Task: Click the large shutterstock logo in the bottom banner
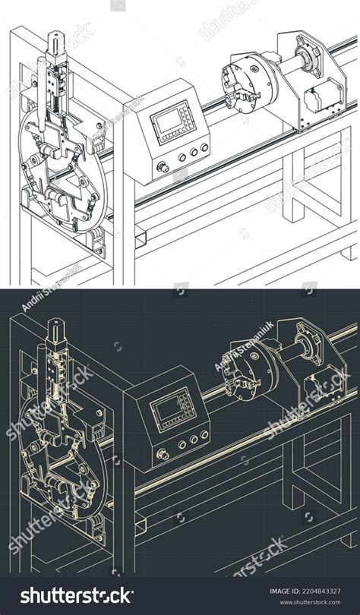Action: [76, 595]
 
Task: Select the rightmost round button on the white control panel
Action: [204, 150]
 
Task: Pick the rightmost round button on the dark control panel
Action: [204, 437]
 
